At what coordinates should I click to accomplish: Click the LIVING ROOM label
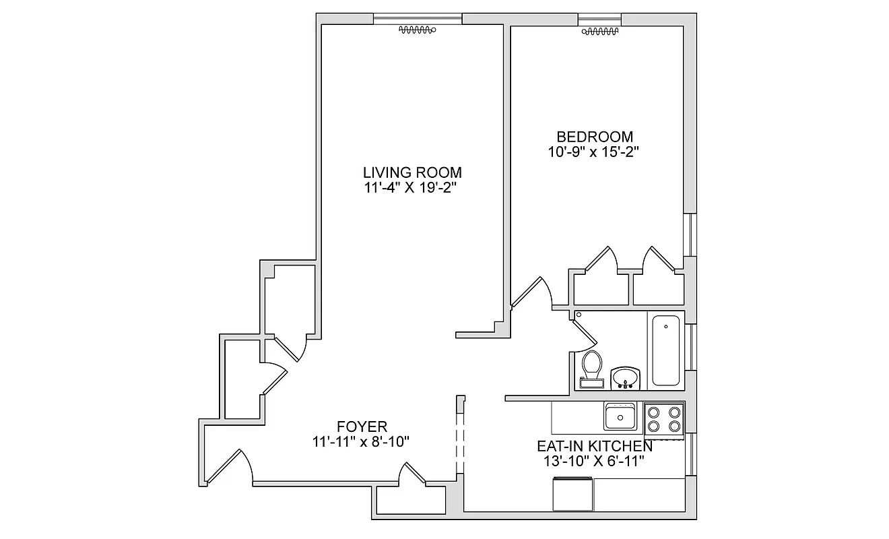pyautogui.click(x=412, y=172)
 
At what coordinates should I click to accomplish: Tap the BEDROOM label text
pyautogui.click(x=593, y=137)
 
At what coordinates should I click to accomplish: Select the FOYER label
pyautogui.click(x=362, y=426)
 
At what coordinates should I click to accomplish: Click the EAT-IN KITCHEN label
pyautogui.click(x=594, y=446)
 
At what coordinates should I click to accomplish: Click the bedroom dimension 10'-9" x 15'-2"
pyautogui.click(x=593, y=152)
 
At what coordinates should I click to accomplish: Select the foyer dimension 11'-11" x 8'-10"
pyautogui.click(x=361, y=442)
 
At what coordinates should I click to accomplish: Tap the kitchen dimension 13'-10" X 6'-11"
pyautogui.click(x=594, y=462)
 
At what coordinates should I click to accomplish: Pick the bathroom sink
pyautogui.click(x=626, y=377)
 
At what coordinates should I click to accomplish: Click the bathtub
pyautogui.click(x=665, y=350)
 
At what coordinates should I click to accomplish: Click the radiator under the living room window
pyautogui.click(x=418, y=30)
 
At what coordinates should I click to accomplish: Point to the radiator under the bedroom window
pyautogui.click(x=599, y=31)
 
